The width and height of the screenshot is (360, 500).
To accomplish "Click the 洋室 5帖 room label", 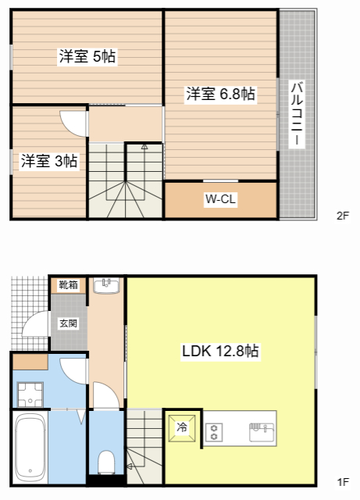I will point(87,56).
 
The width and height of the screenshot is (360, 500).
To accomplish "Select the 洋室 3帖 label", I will point(48,161).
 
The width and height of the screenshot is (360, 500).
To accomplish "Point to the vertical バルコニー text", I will point(298,114).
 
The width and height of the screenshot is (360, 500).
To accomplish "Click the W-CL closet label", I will point(220,199).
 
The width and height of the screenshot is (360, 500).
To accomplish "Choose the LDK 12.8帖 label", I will point(220,352).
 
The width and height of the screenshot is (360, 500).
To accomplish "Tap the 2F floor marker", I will point(341,216).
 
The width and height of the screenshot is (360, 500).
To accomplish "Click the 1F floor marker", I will point(342,482).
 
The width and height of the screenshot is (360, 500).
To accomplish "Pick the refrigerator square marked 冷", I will point(181,428).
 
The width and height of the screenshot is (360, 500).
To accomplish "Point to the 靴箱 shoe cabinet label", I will point(68,285).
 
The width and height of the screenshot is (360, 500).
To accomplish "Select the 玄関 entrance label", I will point(68,322).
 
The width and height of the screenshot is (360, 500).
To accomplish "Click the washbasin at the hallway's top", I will point(105,285).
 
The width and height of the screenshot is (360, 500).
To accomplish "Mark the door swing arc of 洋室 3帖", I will point(72,123).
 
